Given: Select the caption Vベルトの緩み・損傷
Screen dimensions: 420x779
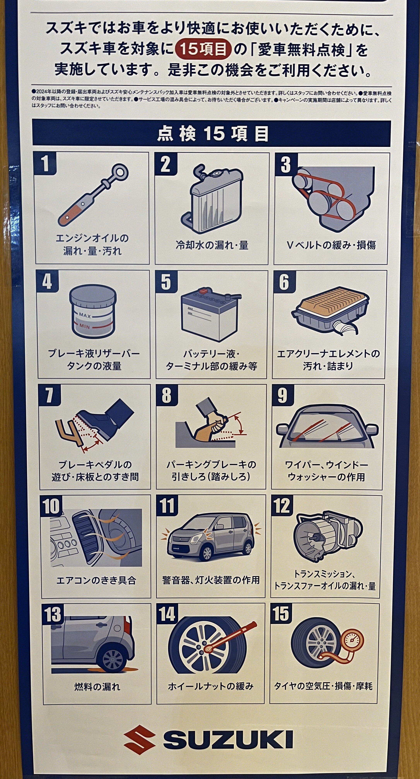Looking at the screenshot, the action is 331,245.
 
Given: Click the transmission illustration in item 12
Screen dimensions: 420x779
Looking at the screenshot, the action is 328,535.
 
